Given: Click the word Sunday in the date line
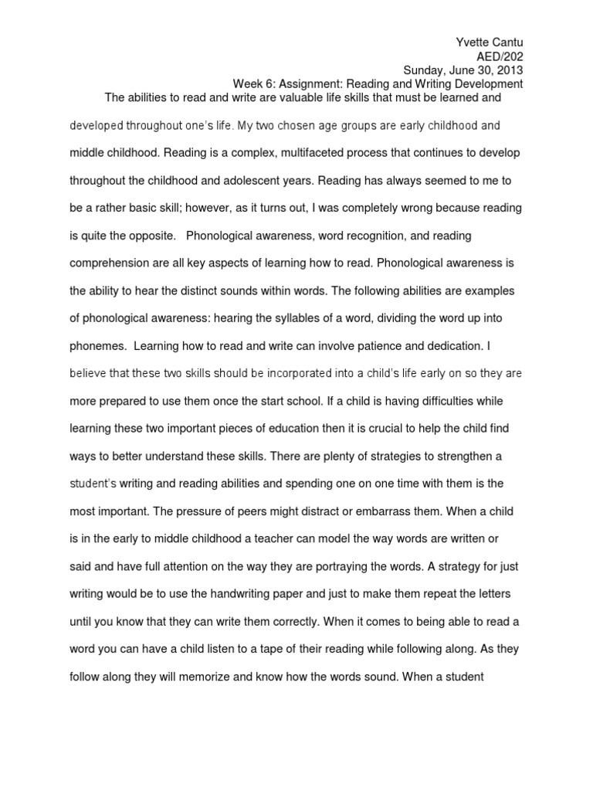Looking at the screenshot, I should click(x=426, y=70).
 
